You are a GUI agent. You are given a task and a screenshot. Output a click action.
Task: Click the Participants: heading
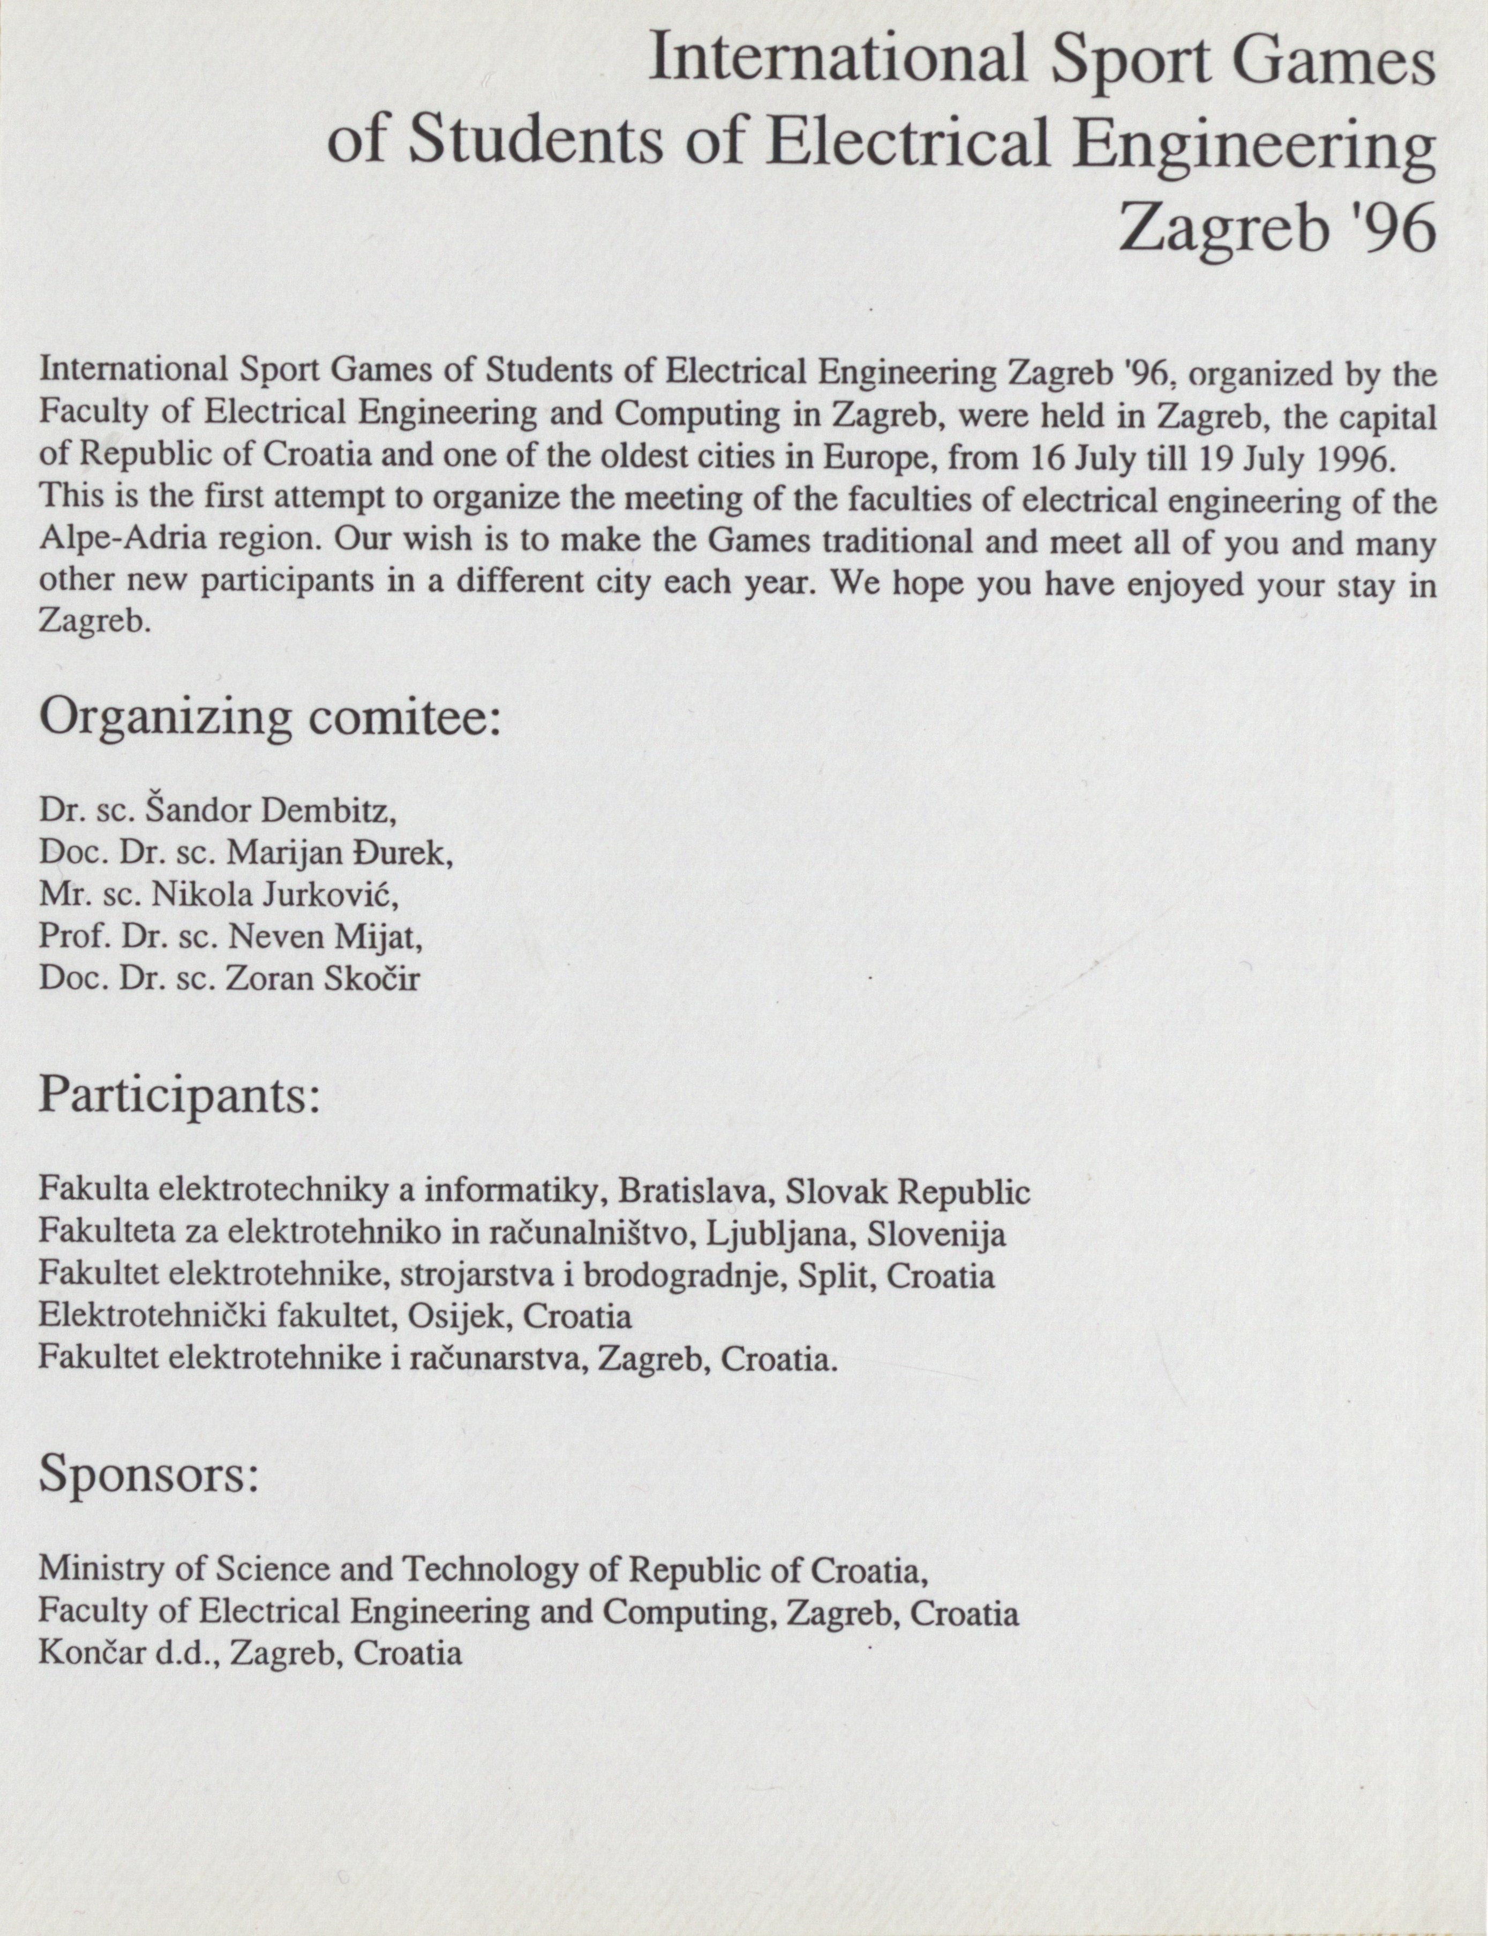click(178, 1097)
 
